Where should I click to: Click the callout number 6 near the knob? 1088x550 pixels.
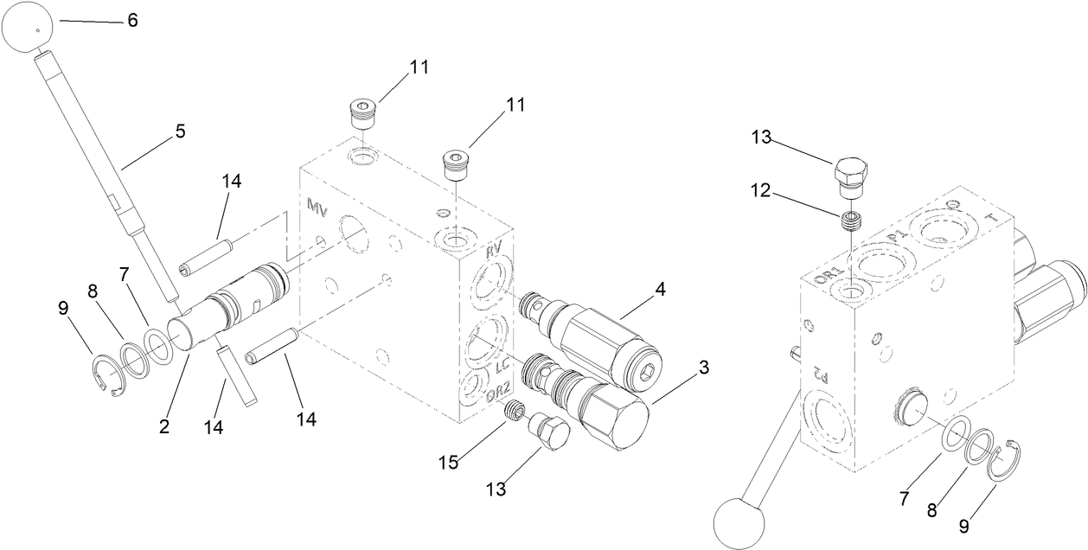click(132, 21)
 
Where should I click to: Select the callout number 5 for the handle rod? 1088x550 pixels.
click(180, 131)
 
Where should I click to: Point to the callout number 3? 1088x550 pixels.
click(703, 368)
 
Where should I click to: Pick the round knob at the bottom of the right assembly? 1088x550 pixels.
click(740, 523)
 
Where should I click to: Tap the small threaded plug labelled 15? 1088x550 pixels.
click(515, 412)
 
